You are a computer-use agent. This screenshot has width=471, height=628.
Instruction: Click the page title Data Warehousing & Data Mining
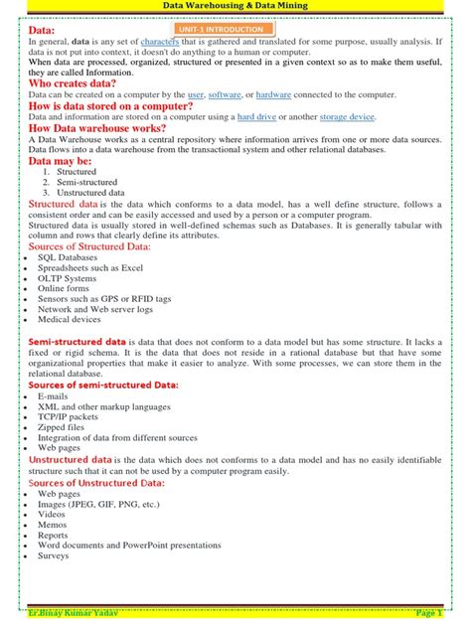pyautogui.click(x=235, y=6)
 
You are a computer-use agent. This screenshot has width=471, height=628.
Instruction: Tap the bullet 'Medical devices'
pyautogui.click(x=71, y=320)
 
